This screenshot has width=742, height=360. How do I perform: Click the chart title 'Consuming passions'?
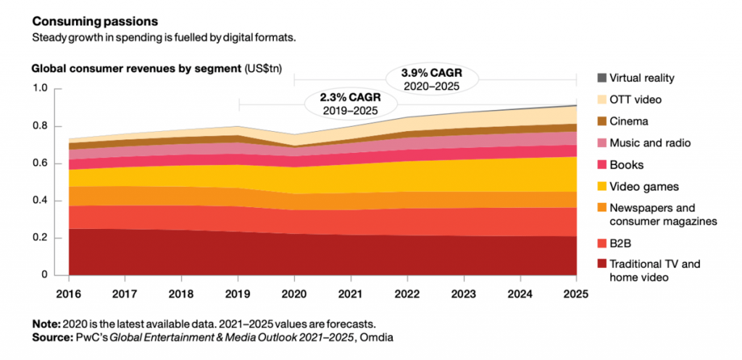[x=95, y=21]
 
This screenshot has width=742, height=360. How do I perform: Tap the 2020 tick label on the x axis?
[x=294, y=294]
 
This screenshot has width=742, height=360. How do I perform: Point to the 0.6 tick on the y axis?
[x=41, y=164]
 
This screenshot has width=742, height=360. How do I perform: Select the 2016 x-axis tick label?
[x=69, y=294]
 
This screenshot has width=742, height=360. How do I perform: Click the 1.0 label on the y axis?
[x=41, y=89]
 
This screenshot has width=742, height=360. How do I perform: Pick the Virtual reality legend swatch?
[x=601, y=78]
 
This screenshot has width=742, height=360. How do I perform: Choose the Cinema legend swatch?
[x=601, y=122]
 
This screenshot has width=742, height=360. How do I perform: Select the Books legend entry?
[x=620, y=165]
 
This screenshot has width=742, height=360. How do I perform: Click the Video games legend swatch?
[x=601, y=187]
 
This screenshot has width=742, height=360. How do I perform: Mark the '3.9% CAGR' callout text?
[x=431, y=75]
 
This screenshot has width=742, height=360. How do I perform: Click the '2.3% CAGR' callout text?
[x=350, y=99]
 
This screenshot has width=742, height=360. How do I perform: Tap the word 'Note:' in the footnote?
[x=46, y=325]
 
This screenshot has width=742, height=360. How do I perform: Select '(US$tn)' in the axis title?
[x=262, y=69]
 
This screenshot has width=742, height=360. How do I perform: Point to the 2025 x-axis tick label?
[x=576, y=294]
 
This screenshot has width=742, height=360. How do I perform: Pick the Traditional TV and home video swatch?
[x=601, y=264]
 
